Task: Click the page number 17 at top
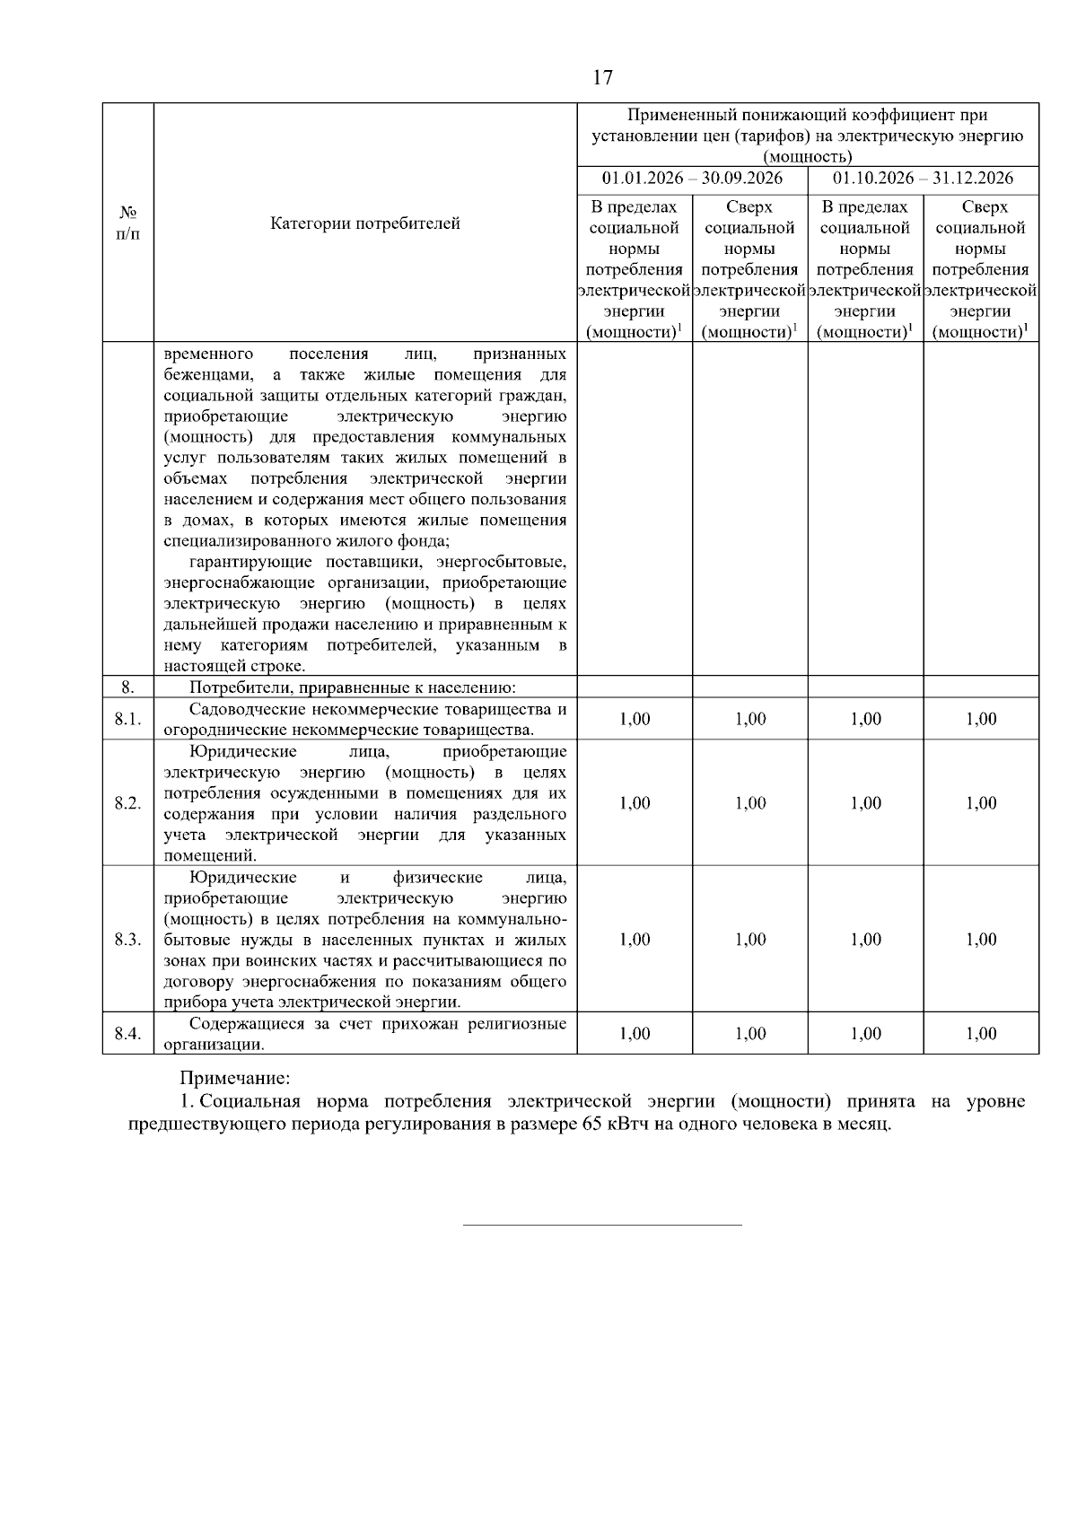pos(602,78)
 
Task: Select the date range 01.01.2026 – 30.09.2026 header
pos(692,178)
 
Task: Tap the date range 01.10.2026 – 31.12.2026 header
pos(923,178)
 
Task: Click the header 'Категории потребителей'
pos(365,223)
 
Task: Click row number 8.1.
pos(127,720)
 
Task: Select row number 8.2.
pos(127,803)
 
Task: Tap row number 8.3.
pos(127,940)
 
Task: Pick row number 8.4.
pos(127,1034)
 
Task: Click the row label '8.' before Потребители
pos(127,687)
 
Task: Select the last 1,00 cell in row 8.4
pos(981,1034)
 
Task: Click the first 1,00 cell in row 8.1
pos(635,720)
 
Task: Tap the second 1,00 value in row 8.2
pos(750,803)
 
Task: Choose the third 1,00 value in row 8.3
pos(865,940)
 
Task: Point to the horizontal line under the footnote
pos(602,1224)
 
